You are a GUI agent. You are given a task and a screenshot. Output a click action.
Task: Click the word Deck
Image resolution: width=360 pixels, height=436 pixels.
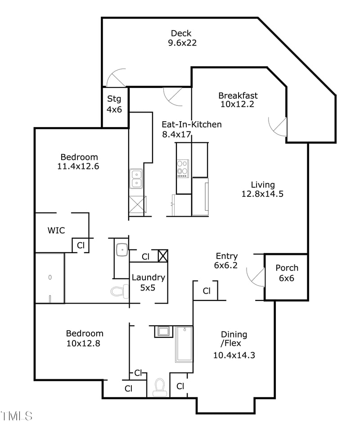click(x=181, y=33)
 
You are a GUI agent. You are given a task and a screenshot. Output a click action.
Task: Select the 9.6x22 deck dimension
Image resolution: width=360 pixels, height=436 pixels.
click(x=181, y=43)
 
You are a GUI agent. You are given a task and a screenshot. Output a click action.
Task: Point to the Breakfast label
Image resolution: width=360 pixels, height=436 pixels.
click(x=238, y=95)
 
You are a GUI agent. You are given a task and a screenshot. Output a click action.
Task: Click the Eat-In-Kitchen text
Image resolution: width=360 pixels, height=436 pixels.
click(x=192, y=124)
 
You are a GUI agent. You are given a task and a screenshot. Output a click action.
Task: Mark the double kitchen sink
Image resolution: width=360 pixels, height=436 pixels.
click(x=136, y=178)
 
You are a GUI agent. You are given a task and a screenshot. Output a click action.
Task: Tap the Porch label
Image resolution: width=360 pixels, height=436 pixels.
click(x=287, y=268)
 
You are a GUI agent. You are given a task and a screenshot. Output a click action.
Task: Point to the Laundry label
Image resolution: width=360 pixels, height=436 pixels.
click(x=148, y=277)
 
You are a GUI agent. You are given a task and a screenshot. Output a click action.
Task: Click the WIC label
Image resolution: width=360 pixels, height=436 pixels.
click(x=56, y=231)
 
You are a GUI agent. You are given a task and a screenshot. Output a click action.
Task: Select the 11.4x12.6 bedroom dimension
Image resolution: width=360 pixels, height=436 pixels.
click(x=79, y=166)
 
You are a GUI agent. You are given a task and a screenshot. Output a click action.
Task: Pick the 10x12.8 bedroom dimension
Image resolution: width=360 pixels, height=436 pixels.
click(x=84, y=343)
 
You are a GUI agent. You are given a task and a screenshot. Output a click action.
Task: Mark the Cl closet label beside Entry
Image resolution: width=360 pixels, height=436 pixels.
click(x=206, y=291)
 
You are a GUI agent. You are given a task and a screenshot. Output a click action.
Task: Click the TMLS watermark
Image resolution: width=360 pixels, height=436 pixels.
click(x=17, y=415)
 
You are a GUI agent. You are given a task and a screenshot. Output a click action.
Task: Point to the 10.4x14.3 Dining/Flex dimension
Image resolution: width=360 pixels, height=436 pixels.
click(x=234, y=355)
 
